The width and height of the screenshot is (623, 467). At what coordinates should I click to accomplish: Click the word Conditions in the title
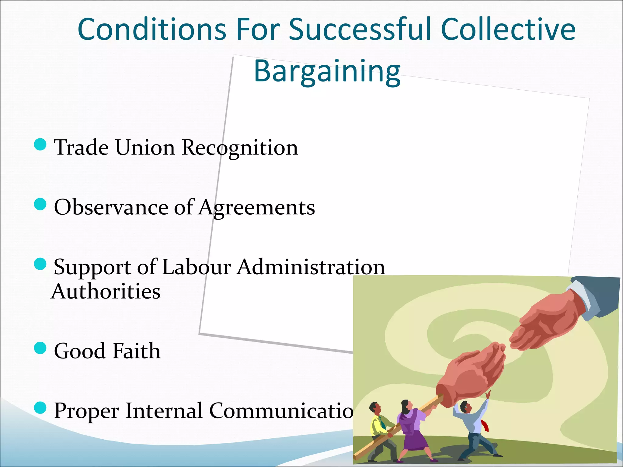(151, 29)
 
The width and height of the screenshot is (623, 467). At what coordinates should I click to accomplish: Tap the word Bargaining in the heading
(327, 71)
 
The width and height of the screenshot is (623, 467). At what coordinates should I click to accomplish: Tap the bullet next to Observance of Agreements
(40, 204)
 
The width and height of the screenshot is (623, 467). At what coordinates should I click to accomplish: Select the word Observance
(111, 207)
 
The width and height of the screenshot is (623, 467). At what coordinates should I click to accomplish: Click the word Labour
(196, 267)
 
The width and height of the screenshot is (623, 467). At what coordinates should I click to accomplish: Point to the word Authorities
(106, 291)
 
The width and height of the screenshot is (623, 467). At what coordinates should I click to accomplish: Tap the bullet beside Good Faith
(40, 348)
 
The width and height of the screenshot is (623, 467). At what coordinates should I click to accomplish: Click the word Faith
(136, 351)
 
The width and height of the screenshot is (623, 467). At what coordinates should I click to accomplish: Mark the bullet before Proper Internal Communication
(40, 408)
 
